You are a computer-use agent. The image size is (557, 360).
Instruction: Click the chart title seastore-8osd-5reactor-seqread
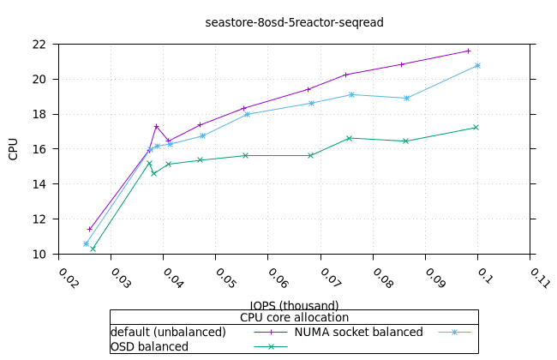pos(294,22)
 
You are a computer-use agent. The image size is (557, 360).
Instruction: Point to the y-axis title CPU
pos(13,149)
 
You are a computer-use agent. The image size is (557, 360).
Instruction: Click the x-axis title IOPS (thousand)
pos(294,305)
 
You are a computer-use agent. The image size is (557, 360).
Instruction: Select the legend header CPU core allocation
pos(294,317)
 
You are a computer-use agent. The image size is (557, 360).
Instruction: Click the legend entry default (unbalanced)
pos(168,332)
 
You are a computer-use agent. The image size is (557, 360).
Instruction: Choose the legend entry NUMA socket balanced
pos(358,332)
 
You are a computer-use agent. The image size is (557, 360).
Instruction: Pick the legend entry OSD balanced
pos(149,346)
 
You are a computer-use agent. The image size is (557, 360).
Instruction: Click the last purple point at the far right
pos(468,51)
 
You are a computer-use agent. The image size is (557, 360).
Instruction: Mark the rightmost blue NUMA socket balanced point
pos(477,65)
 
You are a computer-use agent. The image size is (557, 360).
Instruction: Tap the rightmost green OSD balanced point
pos(476,128)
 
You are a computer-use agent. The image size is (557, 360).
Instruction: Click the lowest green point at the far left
pos(93,249)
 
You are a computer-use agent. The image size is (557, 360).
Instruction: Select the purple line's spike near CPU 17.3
pos(156,126)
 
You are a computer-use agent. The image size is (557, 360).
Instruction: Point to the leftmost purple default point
pos(89,229)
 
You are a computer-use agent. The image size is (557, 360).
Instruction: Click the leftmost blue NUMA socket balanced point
pos(86,243)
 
